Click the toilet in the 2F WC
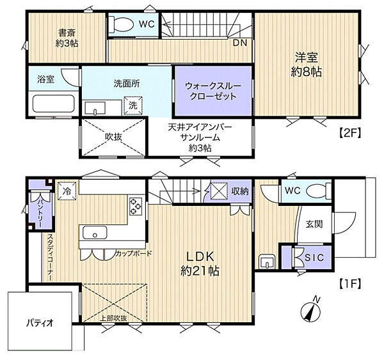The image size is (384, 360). point(121,24)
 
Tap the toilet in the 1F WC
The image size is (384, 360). point(319,191)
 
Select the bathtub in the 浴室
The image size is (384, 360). point(54,104)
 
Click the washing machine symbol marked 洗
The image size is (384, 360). point(133,106)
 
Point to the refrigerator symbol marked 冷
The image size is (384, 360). point(67,191)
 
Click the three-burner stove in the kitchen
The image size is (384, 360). point(136,206)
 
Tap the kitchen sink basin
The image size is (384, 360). point(95,233)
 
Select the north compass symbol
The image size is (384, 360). point(310,309)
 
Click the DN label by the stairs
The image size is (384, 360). point(240,43)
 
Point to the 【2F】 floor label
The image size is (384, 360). point(349,134)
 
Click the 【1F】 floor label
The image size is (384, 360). point(349,285)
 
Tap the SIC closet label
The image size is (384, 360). point(314,258)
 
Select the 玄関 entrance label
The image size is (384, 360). point(314,224)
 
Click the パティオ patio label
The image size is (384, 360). point(40,323)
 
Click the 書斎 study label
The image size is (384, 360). point(67,33)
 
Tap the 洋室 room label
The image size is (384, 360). point(307,58)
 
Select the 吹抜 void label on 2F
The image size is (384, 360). point(113,137)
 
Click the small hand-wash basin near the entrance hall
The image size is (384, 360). point(267,262)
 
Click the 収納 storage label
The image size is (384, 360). point(240,191)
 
